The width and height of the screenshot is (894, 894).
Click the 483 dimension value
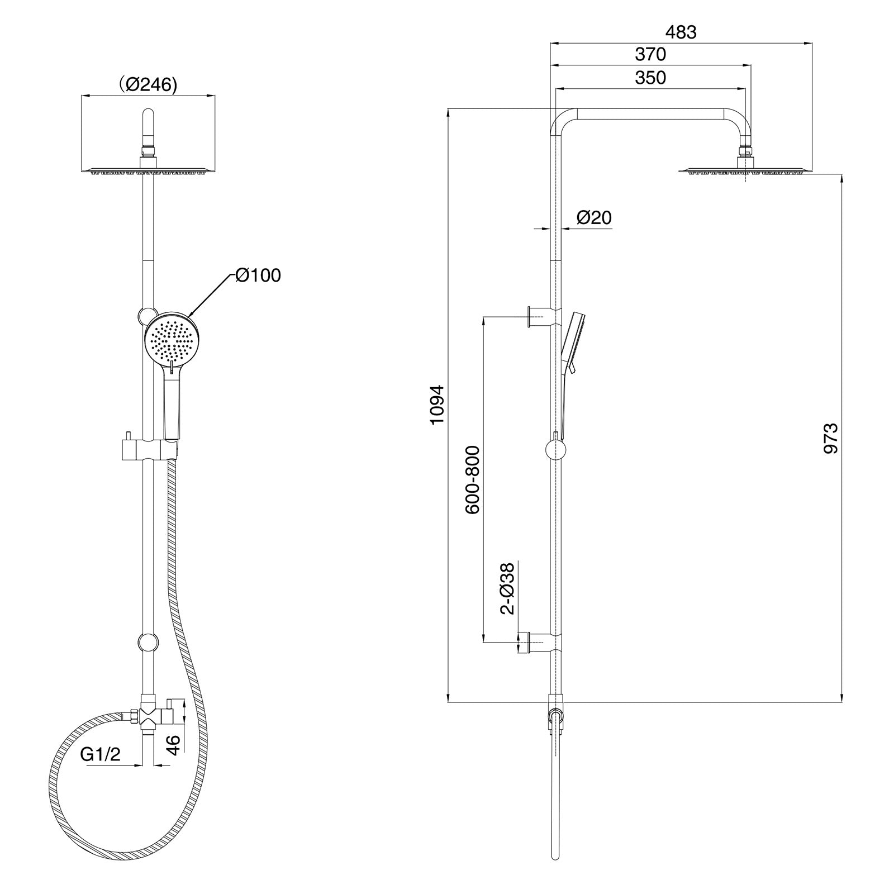point(681,32)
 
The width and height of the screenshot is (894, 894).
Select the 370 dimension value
point(650,54)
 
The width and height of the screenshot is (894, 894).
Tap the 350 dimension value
point(650,78)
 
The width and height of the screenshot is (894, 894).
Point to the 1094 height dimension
point(437,404)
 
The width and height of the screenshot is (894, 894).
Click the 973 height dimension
point(831,438)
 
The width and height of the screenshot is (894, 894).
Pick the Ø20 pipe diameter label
point(594,217)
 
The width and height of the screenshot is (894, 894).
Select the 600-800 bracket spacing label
point(472,480)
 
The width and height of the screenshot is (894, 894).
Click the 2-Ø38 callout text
point(507,588)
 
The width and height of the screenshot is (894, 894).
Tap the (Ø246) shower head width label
point(148,84)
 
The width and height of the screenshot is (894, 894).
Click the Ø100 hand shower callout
point(258,275)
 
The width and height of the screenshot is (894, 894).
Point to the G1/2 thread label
point(100,754)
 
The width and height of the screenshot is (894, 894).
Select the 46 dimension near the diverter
point(174,745)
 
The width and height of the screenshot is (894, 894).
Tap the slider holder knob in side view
point(555,450)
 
